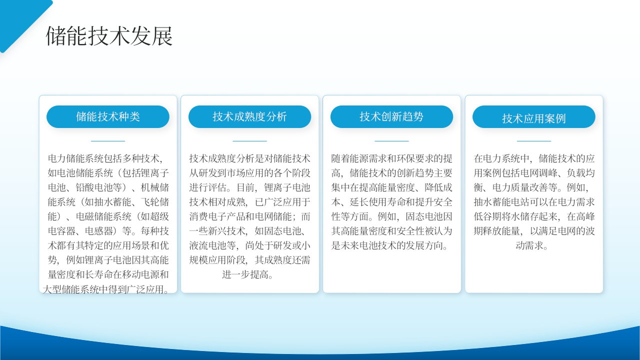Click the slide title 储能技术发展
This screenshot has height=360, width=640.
(109, 36)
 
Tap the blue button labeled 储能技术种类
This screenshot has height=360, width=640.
(108, 116)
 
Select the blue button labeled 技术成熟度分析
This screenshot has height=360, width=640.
(249, 116)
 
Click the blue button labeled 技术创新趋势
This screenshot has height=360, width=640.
(391, 116)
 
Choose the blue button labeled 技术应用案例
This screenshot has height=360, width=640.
(534, 116)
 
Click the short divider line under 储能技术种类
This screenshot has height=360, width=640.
(108, 141)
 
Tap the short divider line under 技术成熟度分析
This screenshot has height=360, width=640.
(249, 141)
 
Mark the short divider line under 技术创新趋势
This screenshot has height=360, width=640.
(391, 141)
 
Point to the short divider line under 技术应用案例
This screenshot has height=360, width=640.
(534, 141)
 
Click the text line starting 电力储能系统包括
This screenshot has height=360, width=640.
(105, 158)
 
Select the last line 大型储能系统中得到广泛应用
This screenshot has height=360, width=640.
(105, 289)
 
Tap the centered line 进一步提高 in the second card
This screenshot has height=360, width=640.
(247, 274)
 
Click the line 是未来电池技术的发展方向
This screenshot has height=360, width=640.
(389, 245)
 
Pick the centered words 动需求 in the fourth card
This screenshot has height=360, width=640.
(531, 245)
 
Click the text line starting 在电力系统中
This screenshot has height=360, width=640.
(534, 158)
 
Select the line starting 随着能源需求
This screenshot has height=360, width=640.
(391, 158)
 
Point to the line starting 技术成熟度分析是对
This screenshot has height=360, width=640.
(249, 158)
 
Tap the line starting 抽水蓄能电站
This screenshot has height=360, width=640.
(534, 202)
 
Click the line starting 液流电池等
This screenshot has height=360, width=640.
(249, 245)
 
